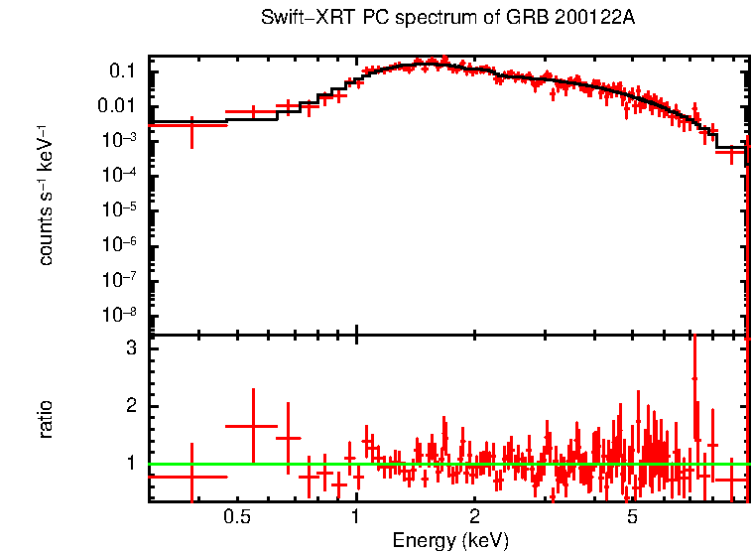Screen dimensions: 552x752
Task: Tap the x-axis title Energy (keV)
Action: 449,541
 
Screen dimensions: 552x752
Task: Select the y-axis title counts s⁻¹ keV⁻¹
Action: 46,195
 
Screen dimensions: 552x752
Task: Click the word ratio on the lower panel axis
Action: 46,419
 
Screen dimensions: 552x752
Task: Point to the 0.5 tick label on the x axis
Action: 236,516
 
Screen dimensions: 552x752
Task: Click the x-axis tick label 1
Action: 355,516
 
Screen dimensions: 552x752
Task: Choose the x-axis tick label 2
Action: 475,516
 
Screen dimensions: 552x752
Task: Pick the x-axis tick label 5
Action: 632,516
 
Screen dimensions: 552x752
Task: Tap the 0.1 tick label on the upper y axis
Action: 123,71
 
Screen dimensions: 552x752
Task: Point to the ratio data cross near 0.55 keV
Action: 254,426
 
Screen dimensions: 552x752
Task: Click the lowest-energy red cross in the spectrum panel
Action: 191,125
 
